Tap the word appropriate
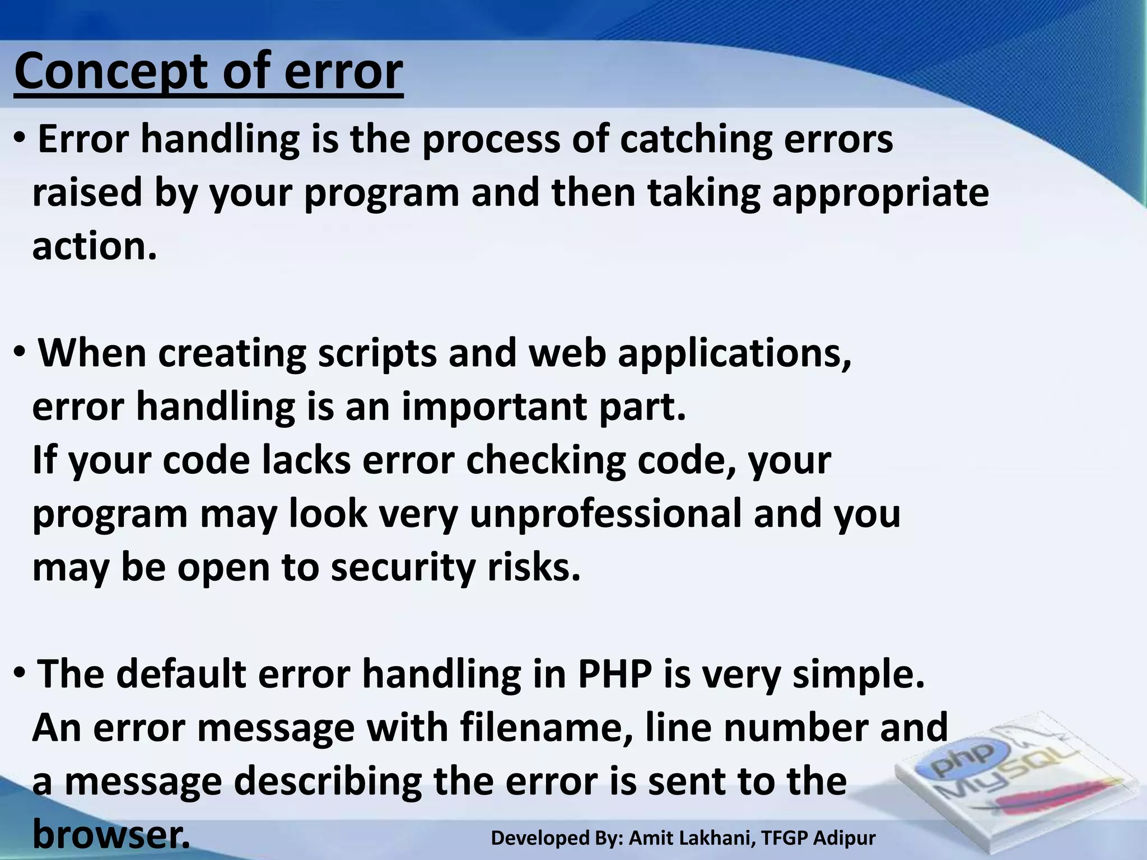(x=880, y=193)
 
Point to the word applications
(x=734, y=354)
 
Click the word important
(x=495, y=406)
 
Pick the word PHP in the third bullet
(x=614, y=674)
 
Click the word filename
(x=545, y=728)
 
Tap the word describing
(x=327, y=782)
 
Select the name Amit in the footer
(x=651, y=838)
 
